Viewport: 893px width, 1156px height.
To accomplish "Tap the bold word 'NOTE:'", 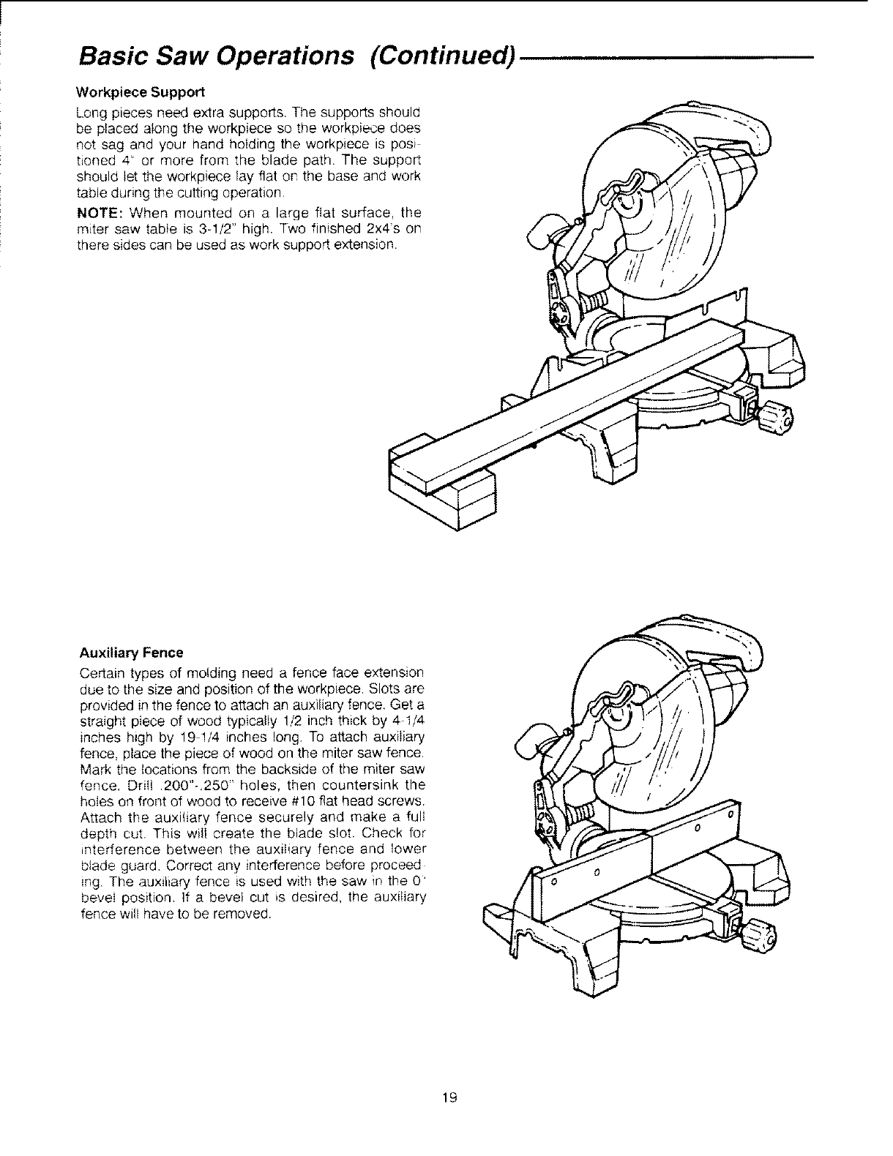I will (x=99, y=214).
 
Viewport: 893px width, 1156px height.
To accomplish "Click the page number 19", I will (x=449, y=1096).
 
